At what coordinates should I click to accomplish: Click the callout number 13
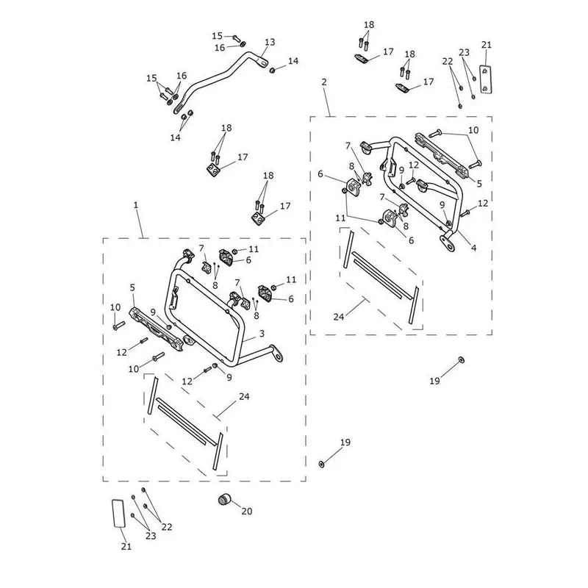coord(270,42)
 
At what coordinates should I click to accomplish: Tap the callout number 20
coord(247,511)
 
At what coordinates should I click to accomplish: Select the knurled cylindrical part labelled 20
coord(225,500)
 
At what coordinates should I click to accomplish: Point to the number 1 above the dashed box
coord(136,205)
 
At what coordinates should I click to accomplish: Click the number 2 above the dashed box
coord(324,82)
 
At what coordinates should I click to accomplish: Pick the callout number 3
coord(262,334)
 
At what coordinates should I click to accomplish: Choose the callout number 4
coord(473,248)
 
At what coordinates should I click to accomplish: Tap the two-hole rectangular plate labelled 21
coord(486,79)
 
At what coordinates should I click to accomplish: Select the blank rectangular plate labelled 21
coord(118,513)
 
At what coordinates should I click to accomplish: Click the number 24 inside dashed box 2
coord(339,317)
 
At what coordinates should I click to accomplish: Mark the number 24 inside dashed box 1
coord(244,396)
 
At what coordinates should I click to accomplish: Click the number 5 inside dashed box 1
coord(132,287)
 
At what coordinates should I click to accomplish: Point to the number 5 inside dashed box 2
coord(479,183)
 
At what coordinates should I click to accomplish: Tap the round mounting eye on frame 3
coord(278,356)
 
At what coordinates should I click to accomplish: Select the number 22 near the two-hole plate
coord(448,61)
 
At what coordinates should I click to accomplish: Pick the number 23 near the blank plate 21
coord(151,536)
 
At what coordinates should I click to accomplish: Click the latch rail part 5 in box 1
coord(157,329)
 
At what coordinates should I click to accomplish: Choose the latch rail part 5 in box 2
coord(441,154)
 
